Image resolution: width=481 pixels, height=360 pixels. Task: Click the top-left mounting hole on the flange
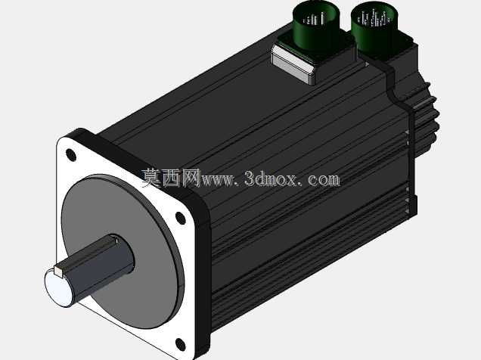coord(71,155)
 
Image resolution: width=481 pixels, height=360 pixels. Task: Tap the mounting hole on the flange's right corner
coord(180,217)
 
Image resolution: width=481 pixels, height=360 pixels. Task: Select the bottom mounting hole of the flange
coord(181,344)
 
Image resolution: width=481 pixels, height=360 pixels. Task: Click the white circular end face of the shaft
coord(58,288)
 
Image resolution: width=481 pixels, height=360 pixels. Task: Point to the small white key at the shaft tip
coord(58,271)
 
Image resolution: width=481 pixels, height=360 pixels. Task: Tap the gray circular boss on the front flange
coord(123,251)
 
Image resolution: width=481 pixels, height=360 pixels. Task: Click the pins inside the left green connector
coord(314,20)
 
